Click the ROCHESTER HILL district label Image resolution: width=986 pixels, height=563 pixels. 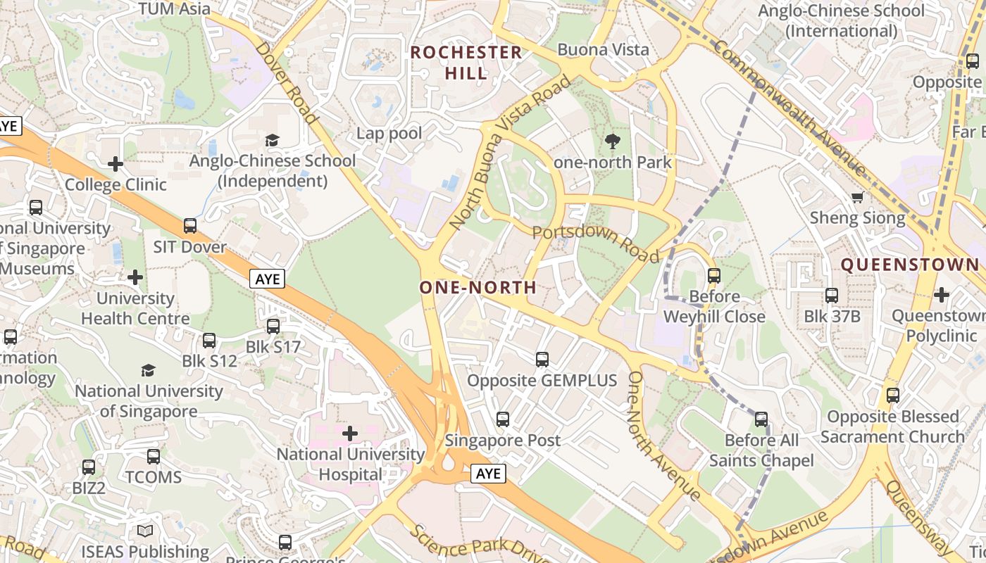tap(466, 62)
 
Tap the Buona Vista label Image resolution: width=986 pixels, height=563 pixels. tap(603, 49)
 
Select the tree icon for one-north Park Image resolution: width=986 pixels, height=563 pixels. tap(613, 141)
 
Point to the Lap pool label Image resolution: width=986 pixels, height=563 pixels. tap(389, 133)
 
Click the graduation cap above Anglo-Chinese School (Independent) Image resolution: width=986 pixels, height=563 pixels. tap(273, 139)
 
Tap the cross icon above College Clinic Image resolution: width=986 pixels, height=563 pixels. tap(116, 164)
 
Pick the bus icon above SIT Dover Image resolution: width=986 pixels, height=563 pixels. tap(190, 226)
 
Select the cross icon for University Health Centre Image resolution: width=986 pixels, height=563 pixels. tap(135, 277)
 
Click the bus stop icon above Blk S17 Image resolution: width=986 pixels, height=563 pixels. tap(273, 327)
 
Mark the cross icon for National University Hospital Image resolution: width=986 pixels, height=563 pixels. tap(350, 434)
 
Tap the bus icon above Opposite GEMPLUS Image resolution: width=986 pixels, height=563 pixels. tap(542, 360)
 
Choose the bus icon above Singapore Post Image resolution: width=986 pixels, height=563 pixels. tap(503, 419)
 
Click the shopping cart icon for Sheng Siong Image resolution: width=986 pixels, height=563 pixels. tap(857, 197)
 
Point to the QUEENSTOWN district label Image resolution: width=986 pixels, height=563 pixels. tap(910, 265)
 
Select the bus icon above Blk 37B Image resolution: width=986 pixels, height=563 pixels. tap(832, 296)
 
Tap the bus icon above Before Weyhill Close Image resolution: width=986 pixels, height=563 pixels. tap(714, 275)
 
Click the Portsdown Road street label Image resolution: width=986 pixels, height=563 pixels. tap(596, 243)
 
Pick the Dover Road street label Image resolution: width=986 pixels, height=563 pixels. tap(285, 83)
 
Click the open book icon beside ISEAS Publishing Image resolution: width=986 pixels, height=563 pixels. tap(145, 531)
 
